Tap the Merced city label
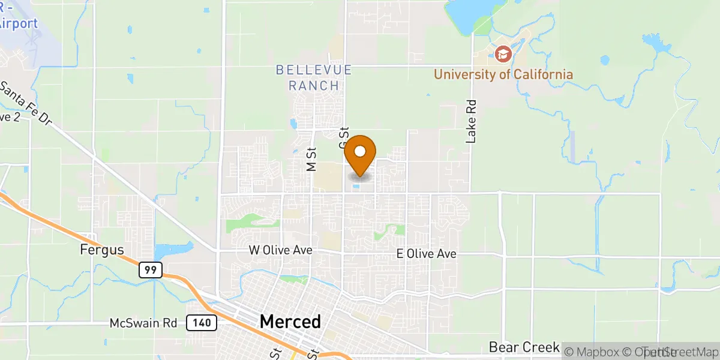click(290, 322)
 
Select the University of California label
click(503, 74)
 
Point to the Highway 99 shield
click(150, 271)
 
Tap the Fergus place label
click(101, 250)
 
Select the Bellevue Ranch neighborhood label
click(313, 78)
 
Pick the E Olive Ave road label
click(427, 254)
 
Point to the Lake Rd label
click(471, 121)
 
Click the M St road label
click(311, 160)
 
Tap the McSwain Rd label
click(143, 323)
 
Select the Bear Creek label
click(524, 347)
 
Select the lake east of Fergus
click(174, 248)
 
